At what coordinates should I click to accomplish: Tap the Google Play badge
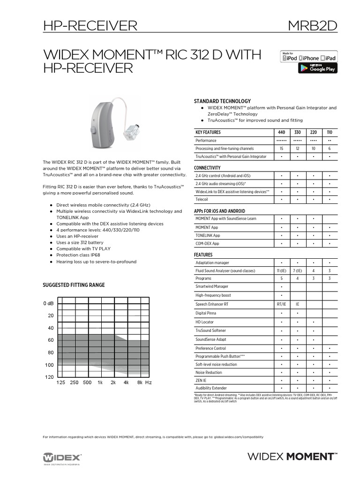(318, 68)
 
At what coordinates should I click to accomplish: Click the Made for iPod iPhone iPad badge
(308, 57)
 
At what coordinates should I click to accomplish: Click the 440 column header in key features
(281, 133)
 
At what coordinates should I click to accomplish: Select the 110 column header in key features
(330, 133)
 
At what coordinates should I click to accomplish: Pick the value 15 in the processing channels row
(281, 148)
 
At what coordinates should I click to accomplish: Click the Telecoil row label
(202, 199)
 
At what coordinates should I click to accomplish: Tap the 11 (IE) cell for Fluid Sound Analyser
(281, 271)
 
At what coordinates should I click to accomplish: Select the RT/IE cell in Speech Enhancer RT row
(281, 304)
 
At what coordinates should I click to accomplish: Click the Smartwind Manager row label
(212, 286)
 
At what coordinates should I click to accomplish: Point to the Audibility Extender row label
(211, 388)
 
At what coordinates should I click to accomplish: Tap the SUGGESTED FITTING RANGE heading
(74, 285)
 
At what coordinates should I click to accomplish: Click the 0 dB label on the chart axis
(49, 304)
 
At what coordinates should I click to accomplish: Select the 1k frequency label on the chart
(100, 383)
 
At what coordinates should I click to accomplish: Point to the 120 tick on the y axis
(49, 377)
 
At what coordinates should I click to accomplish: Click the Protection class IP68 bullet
(78, 255)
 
